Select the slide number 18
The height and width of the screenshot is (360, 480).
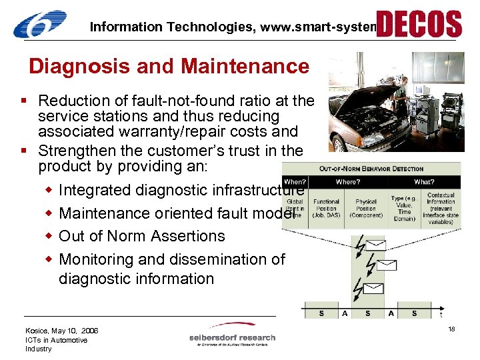click(x=451, y=330)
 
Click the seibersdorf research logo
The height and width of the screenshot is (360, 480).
click(x=232, y=338)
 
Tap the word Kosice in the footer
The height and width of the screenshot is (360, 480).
click(x=37, y=331)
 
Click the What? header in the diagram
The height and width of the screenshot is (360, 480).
click(x=424, y=181)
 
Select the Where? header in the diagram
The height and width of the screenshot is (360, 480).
click(x=348, y=181)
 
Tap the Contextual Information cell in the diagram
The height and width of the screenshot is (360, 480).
click(x=441, y=208)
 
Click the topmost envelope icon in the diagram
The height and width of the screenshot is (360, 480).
click(x=376, y=244)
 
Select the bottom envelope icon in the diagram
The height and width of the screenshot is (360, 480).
click(x=373, y=289)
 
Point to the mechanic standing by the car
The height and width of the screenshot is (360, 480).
click(x=401, y=93)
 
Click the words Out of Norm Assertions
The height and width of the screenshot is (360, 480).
click(x=142, y=236)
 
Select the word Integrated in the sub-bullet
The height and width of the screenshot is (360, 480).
click(x=95, y=190)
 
